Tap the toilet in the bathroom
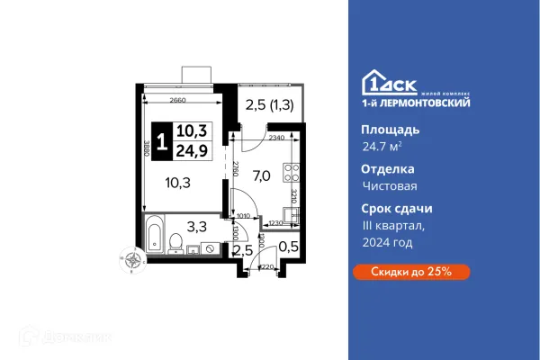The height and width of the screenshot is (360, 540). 176,241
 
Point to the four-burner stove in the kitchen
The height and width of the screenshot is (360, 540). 291,170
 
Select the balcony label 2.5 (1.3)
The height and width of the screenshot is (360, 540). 268,106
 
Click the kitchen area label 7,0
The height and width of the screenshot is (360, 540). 263,175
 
